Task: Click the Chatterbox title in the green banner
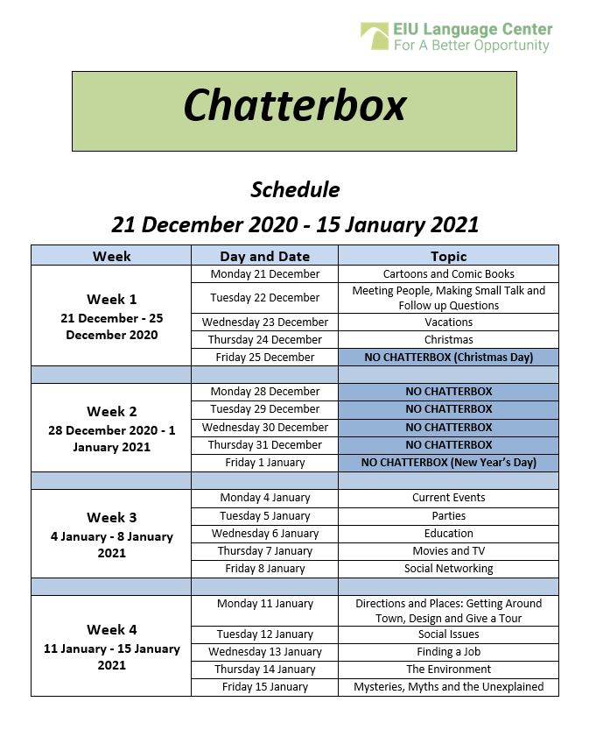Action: pyautogui.click(x=294, y=106)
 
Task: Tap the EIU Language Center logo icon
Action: pyautogui.click(x=374, y=37)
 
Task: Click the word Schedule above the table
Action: pyautogui.click(x=295, y=189)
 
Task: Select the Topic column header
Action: pyautogui.click(x=448, y=256)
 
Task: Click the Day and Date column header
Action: pyautogui.click(x=264, y=256)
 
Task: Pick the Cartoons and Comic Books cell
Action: pyautogui.click(x=448, y=274)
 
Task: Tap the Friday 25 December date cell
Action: pyautogui.click(x=264, y=357)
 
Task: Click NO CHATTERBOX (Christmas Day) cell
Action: pyautogui.click(x=448, y=357)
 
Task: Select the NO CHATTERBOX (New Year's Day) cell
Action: pyautogui.click(x=448, y=462)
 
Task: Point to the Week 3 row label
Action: pyautogui.click(x=111, y=517)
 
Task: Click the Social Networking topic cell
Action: pyautogui.click(x=448, y=568)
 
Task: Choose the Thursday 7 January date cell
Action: pyautogui.click(x=264, y=550)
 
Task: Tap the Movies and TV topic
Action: pyautogui.click(x=448, y=550)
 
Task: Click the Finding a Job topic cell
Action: pyautogui.click(x=448, y=651)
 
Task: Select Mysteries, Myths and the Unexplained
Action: pyautogui.click(x=448, y=686)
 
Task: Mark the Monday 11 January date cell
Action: pyautogui.click(x=264, y=603)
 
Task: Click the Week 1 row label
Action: pyautogui.click(x=111, y=299)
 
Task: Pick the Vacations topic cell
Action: pyautogui.click(x=448, y=322)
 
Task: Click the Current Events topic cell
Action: pyautogui.click(x=448, y=497)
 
